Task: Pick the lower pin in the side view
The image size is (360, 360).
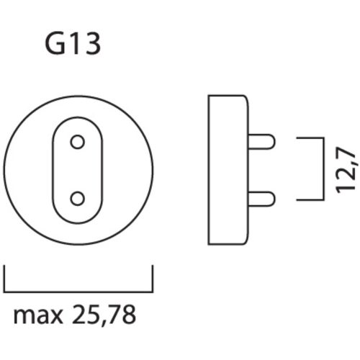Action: click(262, 196)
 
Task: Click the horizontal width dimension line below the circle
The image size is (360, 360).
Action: click(79, 284)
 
